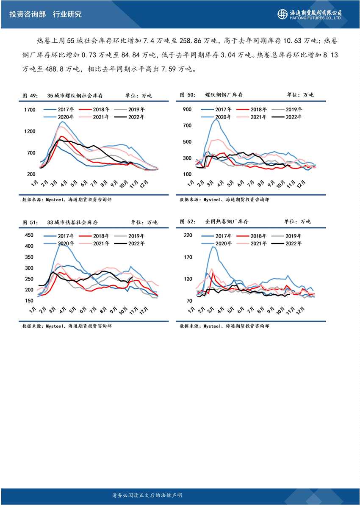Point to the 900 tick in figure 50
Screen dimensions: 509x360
point(187,110)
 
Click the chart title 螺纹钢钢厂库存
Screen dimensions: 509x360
point(224,95)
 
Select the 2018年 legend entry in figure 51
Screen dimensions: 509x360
point(102,235)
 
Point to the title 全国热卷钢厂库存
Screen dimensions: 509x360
point(226,221)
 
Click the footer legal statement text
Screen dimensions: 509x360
point(147,495)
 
